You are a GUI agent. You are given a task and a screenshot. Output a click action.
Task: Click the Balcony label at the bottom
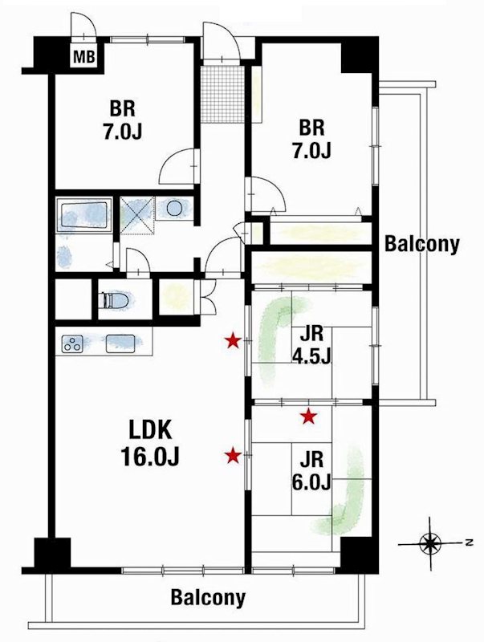[207, 598]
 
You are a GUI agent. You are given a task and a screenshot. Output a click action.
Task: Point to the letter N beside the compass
[466, 543]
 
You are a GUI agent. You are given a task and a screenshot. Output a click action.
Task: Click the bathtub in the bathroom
[83, 214]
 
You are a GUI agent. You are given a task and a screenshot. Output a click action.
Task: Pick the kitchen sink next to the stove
[122, 343]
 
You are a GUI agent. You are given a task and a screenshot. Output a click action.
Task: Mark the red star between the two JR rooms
[308, 416]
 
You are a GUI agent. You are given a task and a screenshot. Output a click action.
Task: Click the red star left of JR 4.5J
[233, 341]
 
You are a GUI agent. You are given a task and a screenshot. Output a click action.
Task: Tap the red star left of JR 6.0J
[233, 456]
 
